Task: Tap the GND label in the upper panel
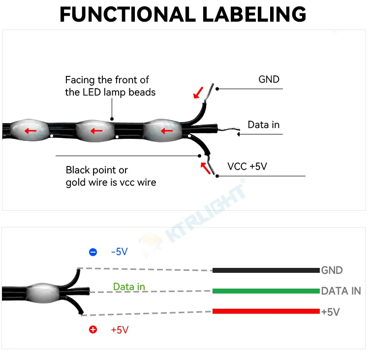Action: click(269, 79)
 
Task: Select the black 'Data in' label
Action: click(263, 125)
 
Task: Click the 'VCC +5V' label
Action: click(247, 166)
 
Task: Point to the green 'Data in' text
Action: click(129, 286)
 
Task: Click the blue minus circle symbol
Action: click(93, 252)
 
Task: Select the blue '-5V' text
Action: click(119, 252)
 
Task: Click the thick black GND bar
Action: click(266, 270)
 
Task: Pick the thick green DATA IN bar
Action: click(266, 291)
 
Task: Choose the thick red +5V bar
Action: click(266, 311)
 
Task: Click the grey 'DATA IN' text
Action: click(341, 291)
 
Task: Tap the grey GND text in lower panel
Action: click(332, 270)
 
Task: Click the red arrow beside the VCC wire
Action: click(205, 167)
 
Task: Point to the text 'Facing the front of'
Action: click(107, 80)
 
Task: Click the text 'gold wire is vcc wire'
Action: click(111, 182)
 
